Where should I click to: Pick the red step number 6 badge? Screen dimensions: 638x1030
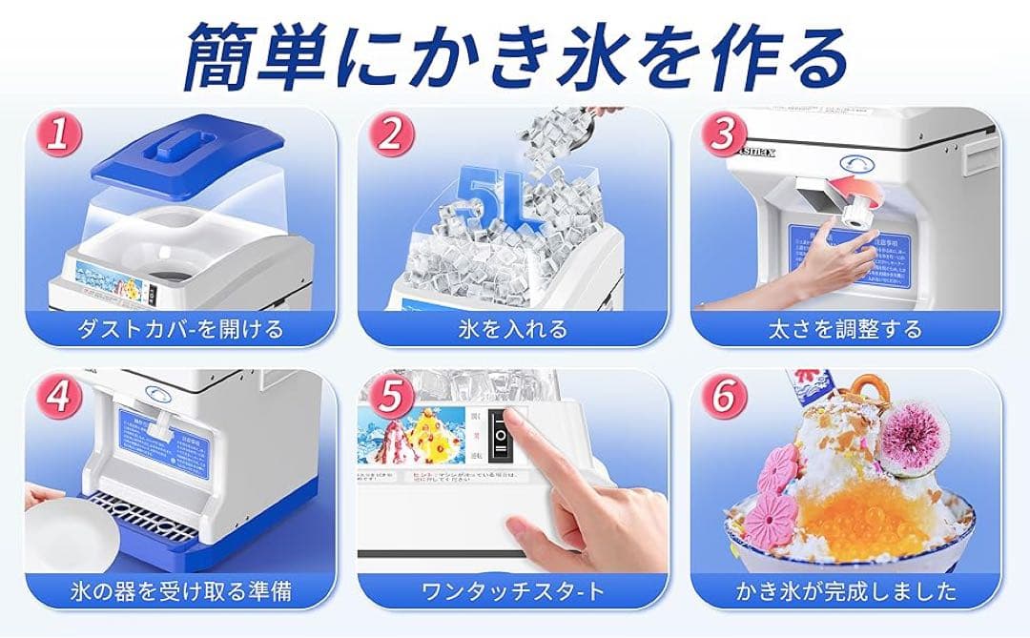coord(722,398)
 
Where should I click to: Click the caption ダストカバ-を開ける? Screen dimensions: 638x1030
coord(181,329)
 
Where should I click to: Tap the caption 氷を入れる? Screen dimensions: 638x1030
coord(512,329)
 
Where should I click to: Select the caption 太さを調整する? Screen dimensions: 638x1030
coord(845,329)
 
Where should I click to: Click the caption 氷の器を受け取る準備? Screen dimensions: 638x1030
coord(181,591)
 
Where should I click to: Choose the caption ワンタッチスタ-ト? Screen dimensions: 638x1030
coord(512,591)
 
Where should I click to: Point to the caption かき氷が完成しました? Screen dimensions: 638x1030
coord(845,591)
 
